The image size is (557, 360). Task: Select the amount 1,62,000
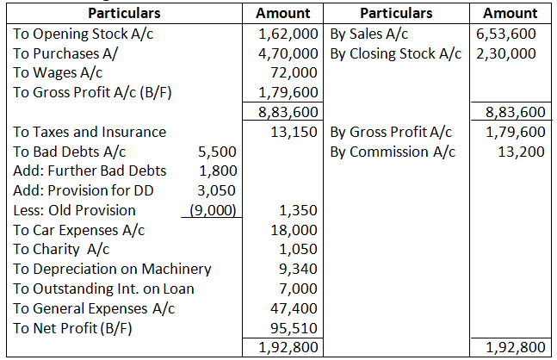click(x=288, y=34)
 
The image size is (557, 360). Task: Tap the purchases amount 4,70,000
click(x=288, y=53)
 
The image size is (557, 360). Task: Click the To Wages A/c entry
click(x=59, y=72)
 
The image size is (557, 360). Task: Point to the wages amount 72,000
click(x=298, y=72)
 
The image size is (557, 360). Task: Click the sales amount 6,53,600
click(x=506, y=34)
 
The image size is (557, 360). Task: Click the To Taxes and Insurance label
click(x=90, y=132)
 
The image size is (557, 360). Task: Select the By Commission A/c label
click(x=393, y=152)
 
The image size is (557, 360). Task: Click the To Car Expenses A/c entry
click(x=79, y=230)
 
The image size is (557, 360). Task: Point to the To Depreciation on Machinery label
click(x=113, y=269)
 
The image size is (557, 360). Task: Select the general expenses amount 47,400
click(x=298, y=307)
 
